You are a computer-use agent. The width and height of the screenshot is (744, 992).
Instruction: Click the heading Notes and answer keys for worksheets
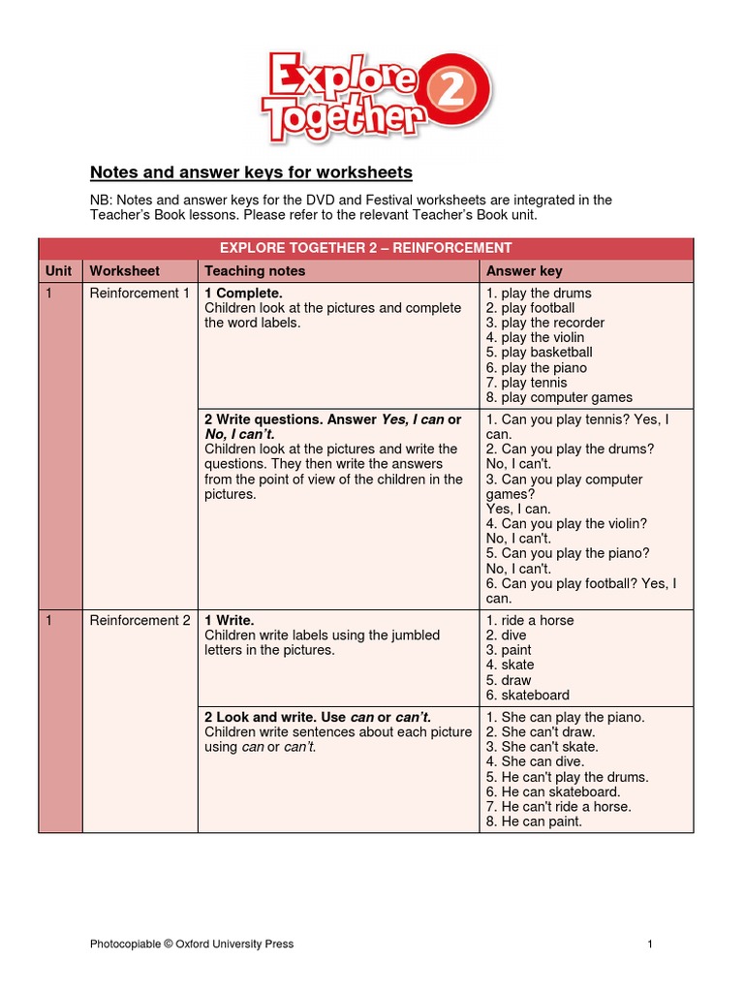251,172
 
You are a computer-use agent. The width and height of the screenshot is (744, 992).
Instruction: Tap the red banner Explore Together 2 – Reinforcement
366,248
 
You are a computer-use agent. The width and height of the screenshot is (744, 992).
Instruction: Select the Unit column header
59,271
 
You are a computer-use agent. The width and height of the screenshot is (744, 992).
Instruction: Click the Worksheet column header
125,271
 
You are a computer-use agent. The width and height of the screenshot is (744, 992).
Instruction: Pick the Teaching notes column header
255,271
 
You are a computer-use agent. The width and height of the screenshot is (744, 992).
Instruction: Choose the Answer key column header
524,271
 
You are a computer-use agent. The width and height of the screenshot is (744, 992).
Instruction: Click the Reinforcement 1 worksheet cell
139,294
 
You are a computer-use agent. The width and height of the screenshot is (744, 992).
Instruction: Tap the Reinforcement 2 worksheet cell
139,621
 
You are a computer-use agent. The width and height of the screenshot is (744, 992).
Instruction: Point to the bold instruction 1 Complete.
243,294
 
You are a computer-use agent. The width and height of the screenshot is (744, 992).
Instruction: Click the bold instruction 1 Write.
229,621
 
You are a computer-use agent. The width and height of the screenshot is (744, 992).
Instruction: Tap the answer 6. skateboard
528,695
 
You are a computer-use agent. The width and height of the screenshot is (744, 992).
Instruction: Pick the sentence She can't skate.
542,747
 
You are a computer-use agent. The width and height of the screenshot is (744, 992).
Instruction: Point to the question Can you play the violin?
567,524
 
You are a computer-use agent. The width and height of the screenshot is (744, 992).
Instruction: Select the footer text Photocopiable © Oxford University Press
192,944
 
